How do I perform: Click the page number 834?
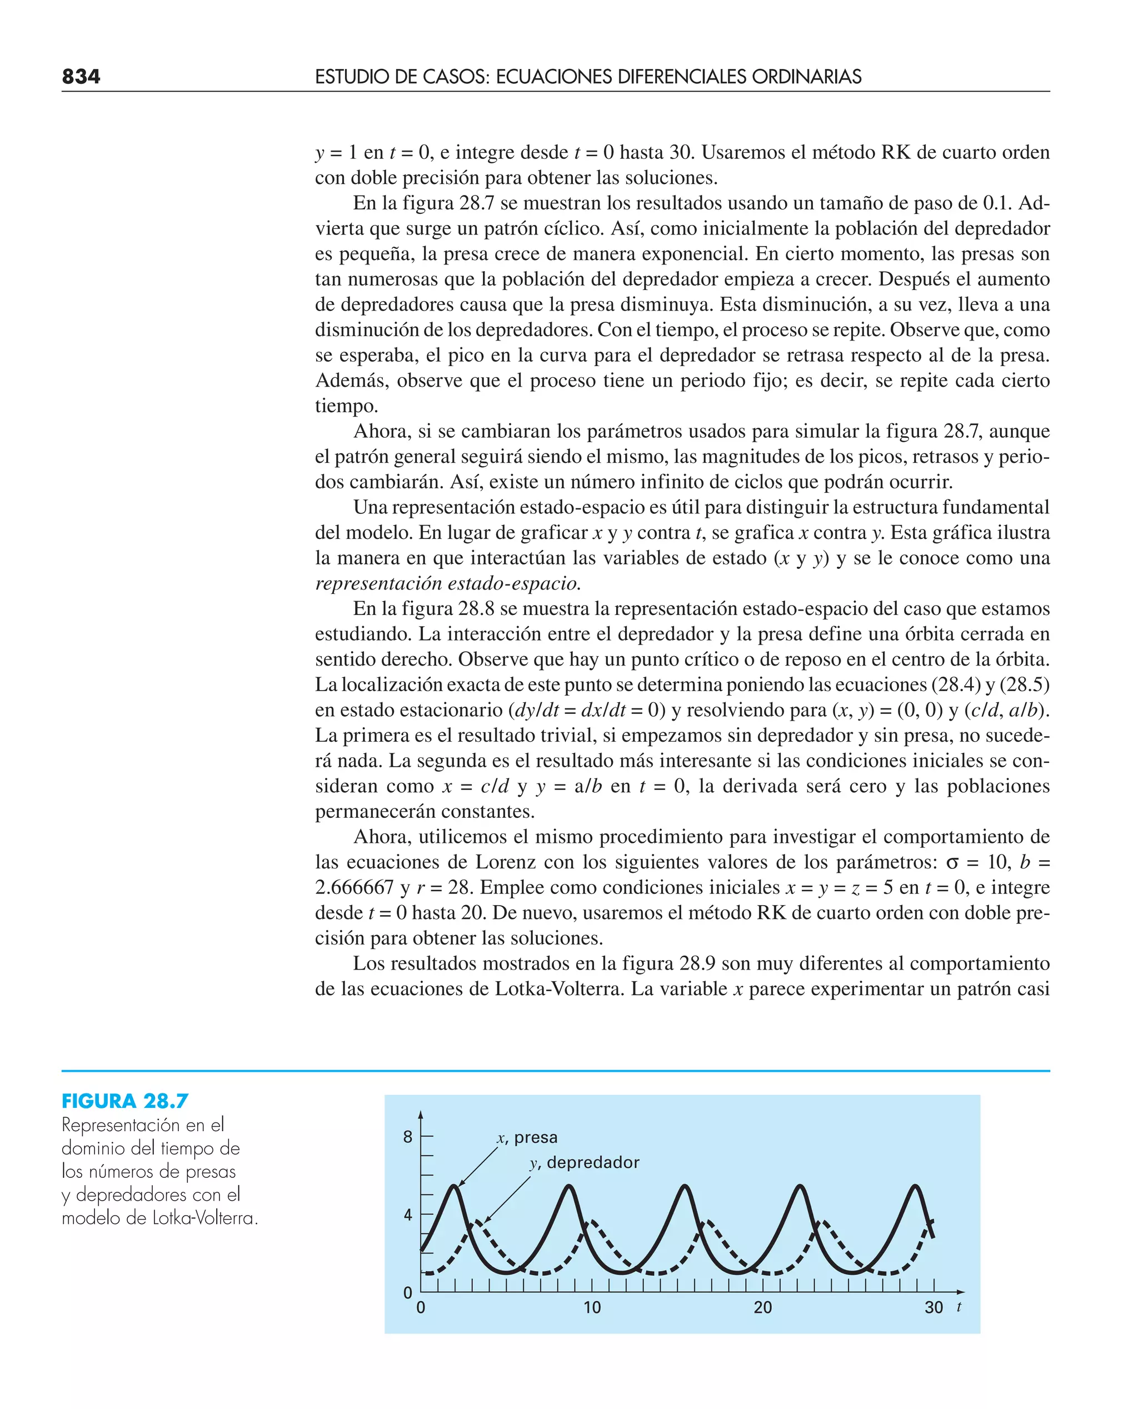point(81,77)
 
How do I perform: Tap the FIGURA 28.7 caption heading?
point(125,1101)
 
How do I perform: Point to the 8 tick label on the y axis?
point(408,1137)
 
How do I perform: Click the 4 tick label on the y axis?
point(408,1215)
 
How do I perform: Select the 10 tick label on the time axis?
point(592,1308)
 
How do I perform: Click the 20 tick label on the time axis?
point(762,1308)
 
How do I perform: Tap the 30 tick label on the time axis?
point(934,1308)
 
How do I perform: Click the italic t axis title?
point(959,1307)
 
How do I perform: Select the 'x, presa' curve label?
point(527,1138)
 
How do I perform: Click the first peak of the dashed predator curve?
point(478,1220)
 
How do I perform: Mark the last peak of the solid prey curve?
point(915,1186)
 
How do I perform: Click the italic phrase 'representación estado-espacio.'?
point(448,583)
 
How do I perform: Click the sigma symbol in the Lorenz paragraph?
point(952,862)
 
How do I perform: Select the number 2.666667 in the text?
point(354,887)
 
